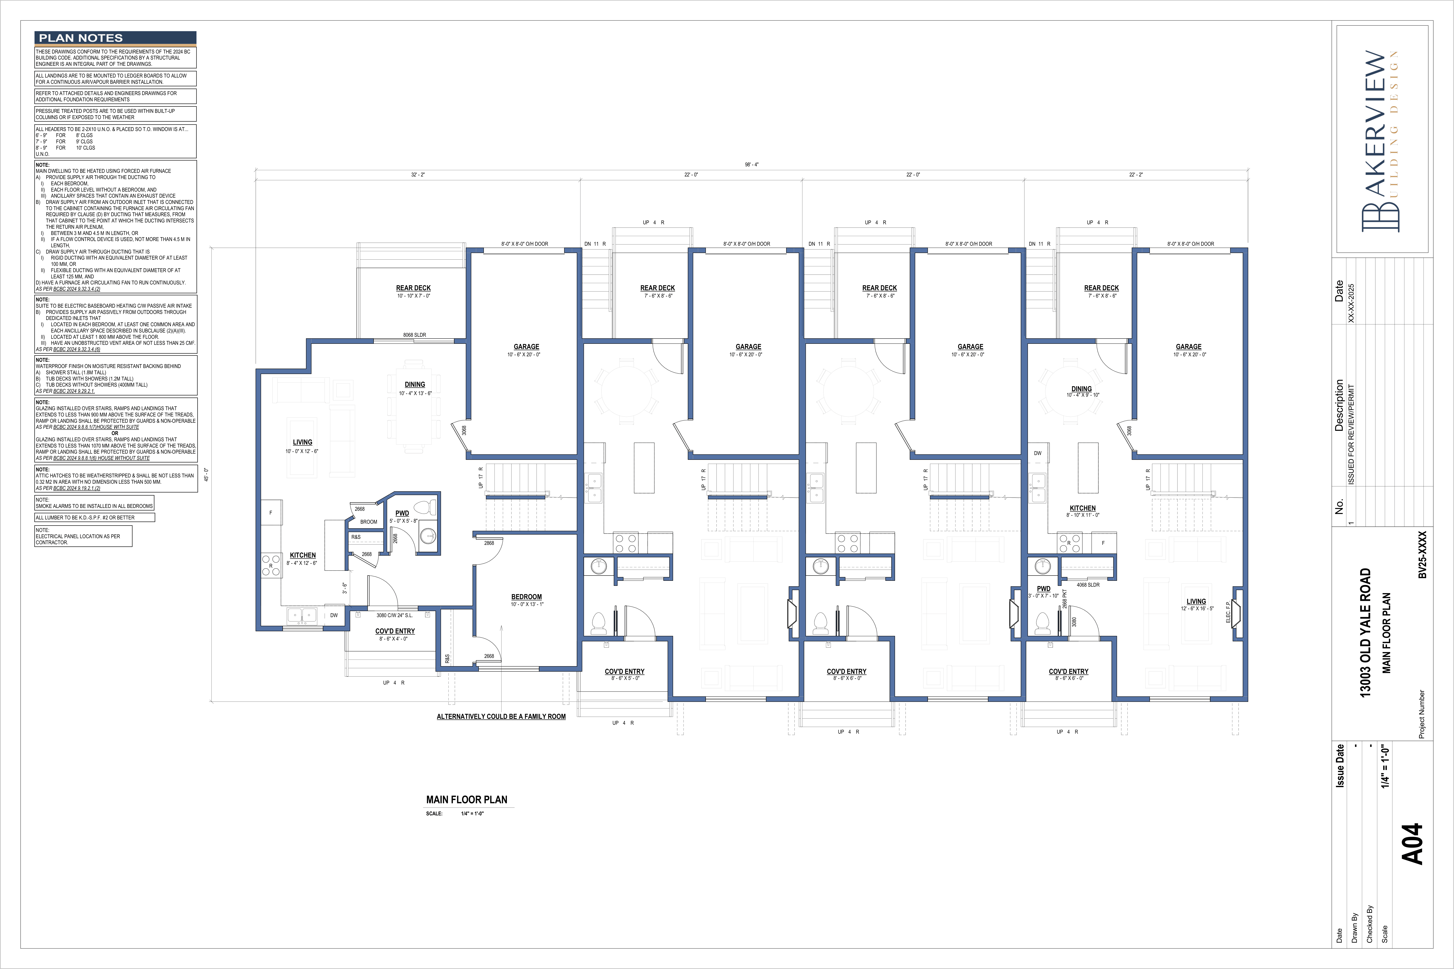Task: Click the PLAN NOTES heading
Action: pyautogui.click(x=81, y=38)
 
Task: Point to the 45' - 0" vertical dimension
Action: pyautogui.click(x=206, y=475)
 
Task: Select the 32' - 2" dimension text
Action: pyautogui.click(x=418, y=175)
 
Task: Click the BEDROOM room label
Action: pyautogui.click(x=527, y=597)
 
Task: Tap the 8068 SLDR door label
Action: pyautogui.click(x=415, y=335)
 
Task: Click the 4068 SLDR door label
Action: pyautogui.click(x=1088, y=585)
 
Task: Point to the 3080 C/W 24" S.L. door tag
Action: pyautogui.click(x=394, y=616)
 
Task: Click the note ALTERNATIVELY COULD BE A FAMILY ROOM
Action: pyautogui.click(x=501, y=717)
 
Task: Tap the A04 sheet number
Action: pyautogui.click(x=1413, y=844)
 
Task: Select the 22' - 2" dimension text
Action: pyautogui.click(x=1136, y=175)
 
